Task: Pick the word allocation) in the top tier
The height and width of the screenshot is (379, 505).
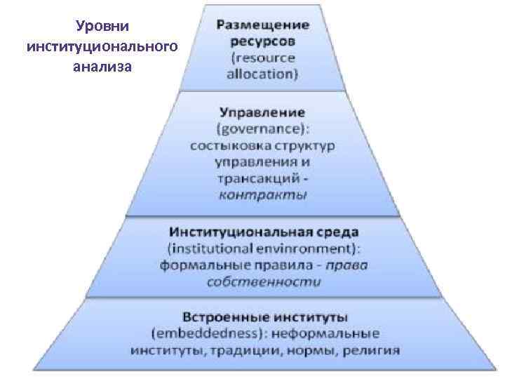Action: pyautogui.click(x=262, y=73)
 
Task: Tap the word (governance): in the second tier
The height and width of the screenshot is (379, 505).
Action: pyautogui.click(x=262, y=129)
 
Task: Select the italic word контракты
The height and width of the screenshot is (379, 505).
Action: pyautogui.click(x=262, y=195)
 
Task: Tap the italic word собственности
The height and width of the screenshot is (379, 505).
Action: pyautogui.click(x=263, y=281)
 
